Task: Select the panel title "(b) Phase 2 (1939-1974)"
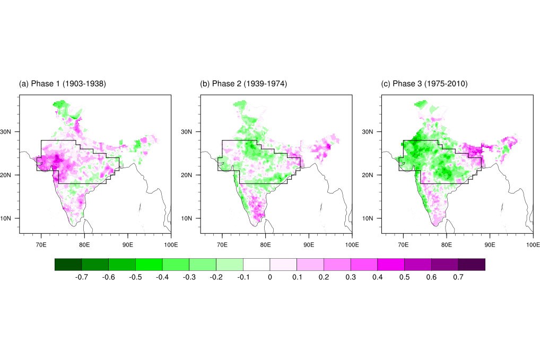pyautogui.click(x=243, y=84)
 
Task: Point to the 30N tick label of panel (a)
pyautogui.click(x=10, y=131)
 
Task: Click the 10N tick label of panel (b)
pyautogui.click(x=191, y=218)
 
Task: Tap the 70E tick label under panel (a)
pyautogui.click(x=41, y=244)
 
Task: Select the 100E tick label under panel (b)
pyautogui.click(x=352, y=244)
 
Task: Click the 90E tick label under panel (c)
pyautogui.click(x=490, y=244)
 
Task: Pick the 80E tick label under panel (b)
pyautogui.click(x=265, y=244)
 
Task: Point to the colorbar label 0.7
pyautogui.click(x=458, y=277)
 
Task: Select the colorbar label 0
pyautogui.click(x=270, y=277)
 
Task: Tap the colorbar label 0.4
pyautogui.click(x=377, y=277)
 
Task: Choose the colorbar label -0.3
pyautogui.click(x=189, y=277)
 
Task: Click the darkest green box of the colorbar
pyautogui.click(x=68, y=264)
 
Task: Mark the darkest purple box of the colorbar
pyautogui.click(x=472, y=264)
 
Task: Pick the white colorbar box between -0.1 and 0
pyautogui.click(x=256, y=264)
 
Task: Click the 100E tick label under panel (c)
pyautogui.click(x=533, y=244)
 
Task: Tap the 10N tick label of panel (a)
pyautogui.click(x=10, y=218)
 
